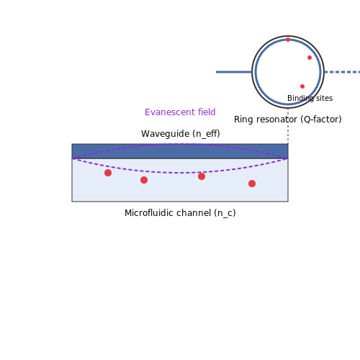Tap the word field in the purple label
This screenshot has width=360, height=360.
(x=207, y=112)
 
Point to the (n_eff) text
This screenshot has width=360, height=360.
(x=208, y=134)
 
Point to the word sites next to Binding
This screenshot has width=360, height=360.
(x=325, y=98)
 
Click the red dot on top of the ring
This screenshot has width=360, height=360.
(x=288, y=40)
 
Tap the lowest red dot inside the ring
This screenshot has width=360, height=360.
(x=302, y=86)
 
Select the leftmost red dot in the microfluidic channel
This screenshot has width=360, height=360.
(x=108, y=173)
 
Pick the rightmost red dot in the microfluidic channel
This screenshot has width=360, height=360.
(x=252, y=184)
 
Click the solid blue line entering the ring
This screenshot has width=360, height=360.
(x=234, y=72)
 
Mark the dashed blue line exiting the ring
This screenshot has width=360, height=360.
(x=342, y=72)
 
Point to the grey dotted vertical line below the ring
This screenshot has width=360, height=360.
(x=288, y=126)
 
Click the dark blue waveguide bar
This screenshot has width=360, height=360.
(x=180, y=151)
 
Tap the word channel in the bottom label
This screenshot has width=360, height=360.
(x=194, y=213)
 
